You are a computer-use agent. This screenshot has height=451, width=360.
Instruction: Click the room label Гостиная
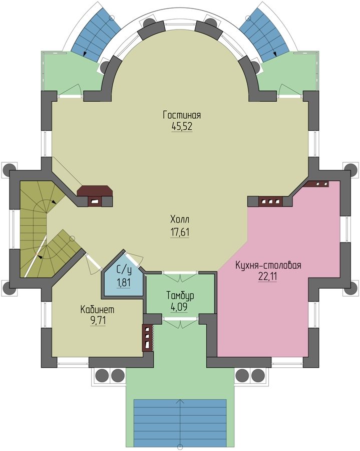coord(182,115)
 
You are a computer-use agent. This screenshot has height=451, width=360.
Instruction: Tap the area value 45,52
coord(182,126)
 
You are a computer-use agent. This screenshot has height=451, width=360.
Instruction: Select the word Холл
coord(180,220)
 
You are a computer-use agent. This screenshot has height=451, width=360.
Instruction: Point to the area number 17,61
coord(180,232)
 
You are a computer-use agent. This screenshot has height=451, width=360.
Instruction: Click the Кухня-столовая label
coord(268,265)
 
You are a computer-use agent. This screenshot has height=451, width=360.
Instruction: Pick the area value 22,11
coord(267,277)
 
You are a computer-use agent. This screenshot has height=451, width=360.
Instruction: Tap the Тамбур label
coord(180,296)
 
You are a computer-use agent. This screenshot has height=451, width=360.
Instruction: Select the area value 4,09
coord(179,307)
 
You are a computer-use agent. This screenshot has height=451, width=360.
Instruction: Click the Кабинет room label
coord(98,310)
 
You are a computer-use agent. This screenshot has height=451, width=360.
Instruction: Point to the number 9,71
coord(98,321)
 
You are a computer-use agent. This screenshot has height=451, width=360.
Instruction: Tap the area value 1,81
coord(124,283)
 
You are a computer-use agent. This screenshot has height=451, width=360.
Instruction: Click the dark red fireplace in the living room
coord(95,195)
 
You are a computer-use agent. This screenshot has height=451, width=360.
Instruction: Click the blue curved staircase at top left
coord(96,33)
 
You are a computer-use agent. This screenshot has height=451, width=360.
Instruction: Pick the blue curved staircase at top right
coord(264,33)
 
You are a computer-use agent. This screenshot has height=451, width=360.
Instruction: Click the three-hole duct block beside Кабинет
coord(147,338)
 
